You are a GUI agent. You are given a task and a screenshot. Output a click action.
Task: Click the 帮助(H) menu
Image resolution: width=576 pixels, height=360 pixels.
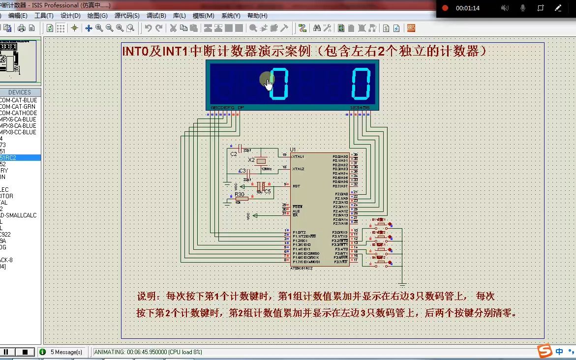pyautogui.click(x=257, y=16)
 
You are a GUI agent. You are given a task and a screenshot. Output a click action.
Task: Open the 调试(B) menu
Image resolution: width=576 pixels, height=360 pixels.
pyautogui.click(x=156, y=16)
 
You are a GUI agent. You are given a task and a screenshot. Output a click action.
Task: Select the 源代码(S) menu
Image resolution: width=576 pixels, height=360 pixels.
pyautogui.click(x=127, y=16)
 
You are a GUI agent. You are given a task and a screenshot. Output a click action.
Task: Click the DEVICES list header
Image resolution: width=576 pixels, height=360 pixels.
pyautogui.click(x=20, y=92)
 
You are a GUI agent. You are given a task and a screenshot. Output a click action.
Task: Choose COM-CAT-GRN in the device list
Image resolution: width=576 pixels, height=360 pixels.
pyautogui.click(x=18, y=107)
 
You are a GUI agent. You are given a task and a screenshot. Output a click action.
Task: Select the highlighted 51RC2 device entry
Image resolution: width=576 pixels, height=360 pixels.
pyautogui.click(x=10, y=158)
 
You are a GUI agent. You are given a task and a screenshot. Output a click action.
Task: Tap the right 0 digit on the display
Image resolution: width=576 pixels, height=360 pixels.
pyautogui.click(x=361, y=84)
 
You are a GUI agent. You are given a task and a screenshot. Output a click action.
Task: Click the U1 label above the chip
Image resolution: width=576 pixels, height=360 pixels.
pyautogui.click(x=293, y=150)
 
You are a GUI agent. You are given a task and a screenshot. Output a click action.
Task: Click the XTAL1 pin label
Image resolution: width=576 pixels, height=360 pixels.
pyautogui.click(x=298, y=156)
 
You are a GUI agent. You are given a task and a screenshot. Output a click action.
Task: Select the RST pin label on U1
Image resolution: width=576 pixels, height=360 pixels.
pyautogui.click(x=296, y=186)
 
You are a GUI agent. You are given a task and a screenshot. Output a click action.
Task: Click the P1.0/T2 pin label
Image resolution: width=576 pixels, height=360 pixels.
pyautogui.click(x=299, y=232)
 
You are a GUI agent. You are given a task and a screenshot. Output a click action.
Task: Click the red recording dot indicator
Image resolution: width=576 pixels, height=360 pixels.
pyautogui.click(x=445, y=8)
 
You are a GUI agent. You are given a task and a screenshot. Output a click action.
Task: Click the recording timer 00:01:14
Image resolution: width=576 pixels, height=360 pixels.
pyautogui.click(x=467, y=8)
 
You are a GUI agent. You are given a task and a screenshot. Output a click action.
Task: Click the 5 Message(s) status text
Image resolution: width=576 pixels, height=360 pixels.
pyautogui.click(x=66, y=352)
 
